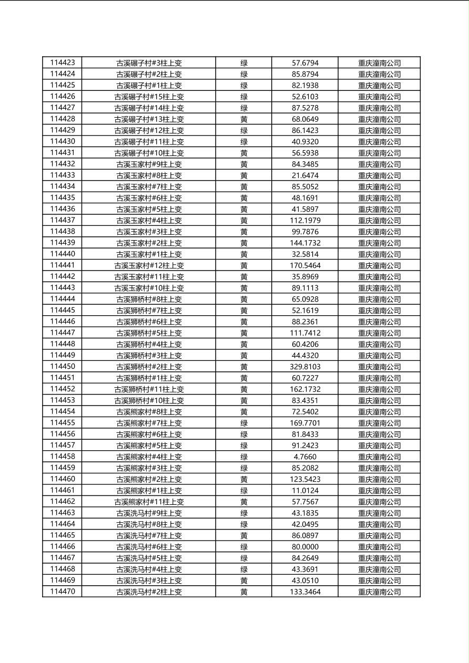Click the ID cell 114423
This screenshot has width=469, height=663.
pos(63,63)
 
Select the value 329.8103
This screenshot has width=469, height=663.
pos(305,367)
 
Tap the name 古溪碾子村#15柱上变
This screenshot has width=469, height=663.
pos(149,97)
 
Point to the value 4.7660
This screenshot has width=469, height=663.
pos(305,457)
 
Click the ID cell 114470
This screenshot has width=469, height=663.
pos(63,592)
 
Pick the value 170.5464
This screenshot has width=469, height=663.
pos(305,265)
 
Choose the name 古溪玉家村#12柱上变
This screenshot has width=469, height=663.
pos(149,265)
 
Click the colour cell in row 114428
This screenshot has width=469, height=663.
pos(244,119)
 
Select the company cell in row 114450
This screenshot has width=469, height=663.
pos(379,367)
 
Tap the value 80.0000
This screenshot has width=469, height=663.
pos(305,547)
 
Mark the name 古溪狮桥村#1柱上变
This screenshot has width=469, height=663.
pos(149,378)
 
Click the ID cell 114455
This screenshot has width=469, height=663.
pos(63,423)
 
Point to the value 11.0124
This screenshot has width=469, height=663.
pos(305,491)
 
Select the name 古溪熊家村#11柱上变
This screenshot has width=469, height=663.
pos(149,502)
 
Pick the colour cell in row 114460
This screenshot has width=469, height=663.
pos(244,479)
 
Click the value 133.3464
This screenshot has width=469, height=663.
pos(305,592)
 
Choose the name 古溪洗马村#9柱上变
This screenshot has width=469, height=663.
pos(149,513)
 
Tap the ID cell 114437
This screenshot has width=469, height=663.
pos(63,220)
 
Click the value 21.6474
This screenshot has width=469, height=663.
pos(305,175)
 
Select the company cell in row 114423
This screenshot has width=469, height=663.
pos(379,63)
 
